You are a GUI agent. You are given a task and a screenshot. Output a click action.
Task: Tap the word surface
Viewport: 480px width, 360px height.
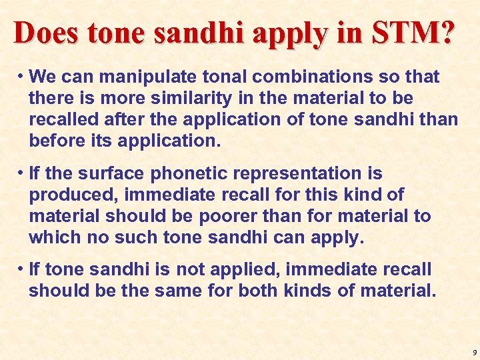[111, 173]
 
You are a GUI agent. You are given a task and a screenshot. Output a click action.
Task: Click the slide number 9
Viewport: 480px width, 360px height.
[474, 351]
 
